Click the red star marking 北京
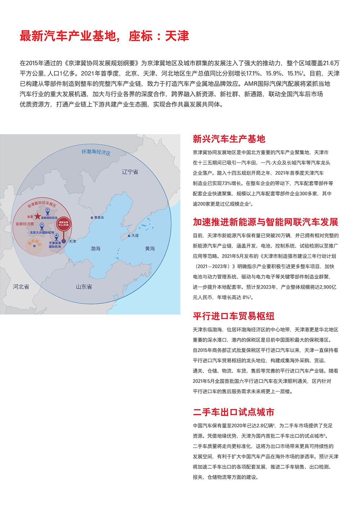point(37,216)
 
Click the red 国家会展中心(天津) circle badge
point(64,224)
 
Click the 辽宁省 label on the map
point(130,172)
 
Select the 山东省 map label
point(84,287)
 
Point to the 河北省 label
point(21,287)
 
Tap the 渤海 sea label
point(95,249)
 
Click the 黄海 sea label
point(150,249)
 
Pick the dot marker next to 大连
point(129,236)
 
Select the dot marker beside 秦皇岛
point(92,217)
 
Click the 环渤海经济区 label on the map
point(96,152)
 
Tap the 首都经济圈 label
point(24,224)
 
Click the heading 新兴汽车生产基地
point(229,139)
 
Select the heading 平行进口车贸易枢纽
point(234,316)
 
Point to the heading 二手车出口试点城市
point(234,412)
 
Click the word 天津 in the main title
point(177,36)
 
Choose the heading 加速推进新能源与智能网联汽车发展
point(265,222)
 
